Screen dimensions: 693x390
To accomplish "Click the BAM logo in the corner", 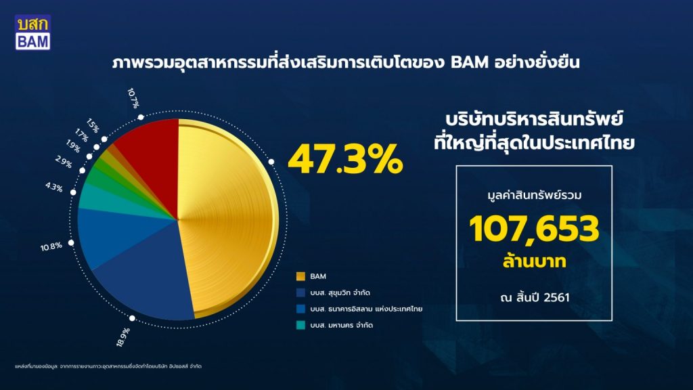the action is (x=32, y=32).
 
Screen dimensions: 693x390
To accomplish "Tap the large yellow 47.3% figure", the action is (x=345, y=160).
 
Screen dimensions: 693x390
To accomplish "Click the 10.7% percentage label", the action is (x=133, y=98).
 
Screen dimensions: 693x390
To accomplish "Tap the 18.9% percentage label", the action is (x=123, y=337).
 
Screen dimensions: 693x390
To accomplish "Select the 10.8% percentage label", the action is (x=51, y=246).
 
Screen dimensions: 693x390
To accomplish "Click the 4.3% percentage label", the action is (x=54, y=187).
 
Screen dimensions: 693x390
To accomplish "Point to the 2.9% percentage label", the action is (x=64, y=162).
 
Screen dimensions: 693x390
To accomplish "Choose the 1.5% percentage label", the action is (x=92, y=125).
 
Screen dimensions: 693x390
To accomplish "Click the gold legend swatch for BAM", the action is (x=300, y=276).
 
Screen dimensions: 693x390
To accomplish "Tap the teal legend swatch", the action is (x=300, y=325).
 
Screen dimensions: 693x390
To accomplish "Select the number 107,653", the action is (x=534, y=229).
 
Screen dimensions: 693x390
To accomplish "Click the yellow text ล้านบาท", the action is (x=535, y=261).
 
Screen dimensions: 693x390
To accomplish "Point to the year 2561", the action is (x=556, y=297).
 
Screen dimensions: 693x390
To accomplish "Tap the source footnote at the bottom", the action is (x=108, y=366).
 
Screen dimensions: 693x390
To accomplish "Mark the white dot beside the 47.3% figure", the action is (x=271, y=162).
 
